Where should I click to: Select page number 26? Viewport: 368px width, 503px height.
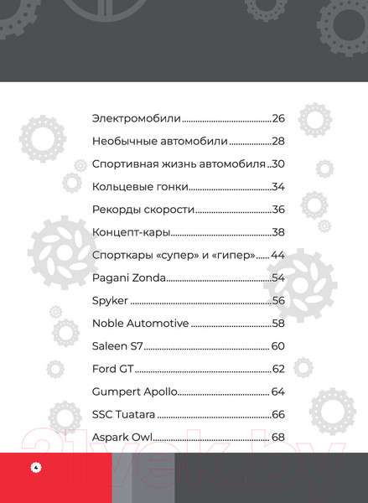coord(279,118)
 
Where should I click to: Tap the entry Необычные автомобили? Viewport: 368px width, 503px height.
coord(159,141)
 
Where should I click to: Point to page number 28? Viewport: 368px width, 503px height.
coord(279,141)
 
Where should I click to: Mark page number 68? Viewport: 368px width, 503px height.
coord(279,437)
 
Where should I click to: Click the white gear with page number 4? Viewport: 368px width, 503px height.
coord(36,467)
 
